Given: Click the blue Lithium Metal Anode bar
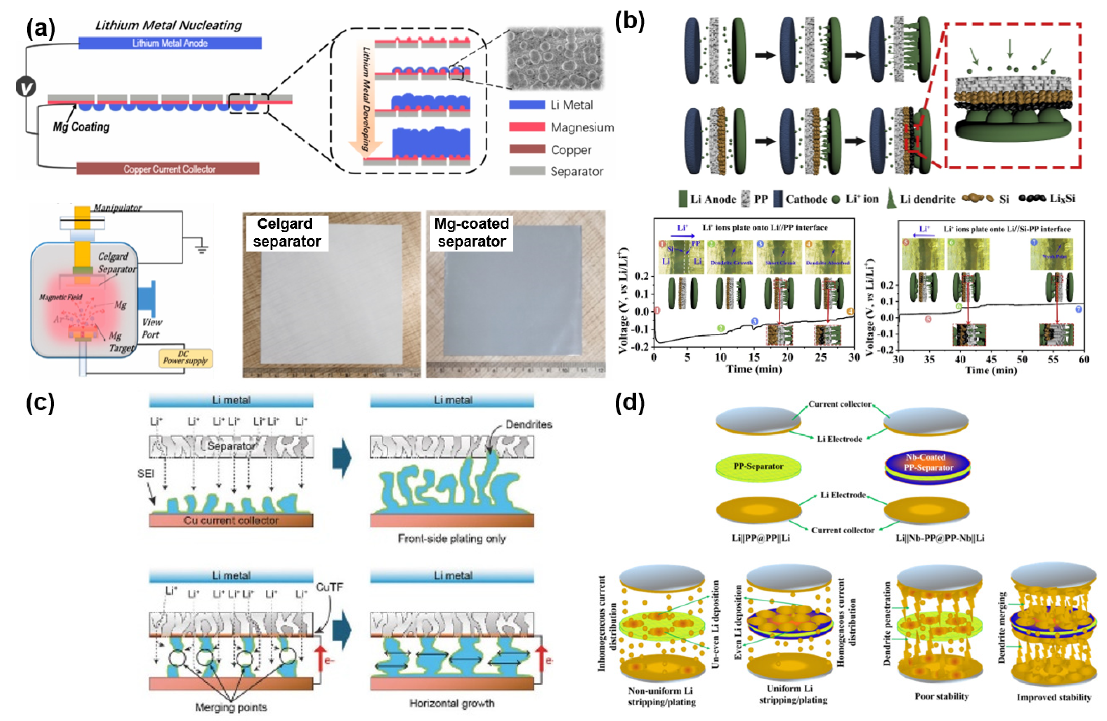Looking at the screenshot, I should (170, 43).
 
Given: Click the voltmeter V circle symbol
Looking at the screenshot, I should (26, 87).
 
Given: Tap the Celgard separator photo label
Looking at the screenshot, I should (287, 232).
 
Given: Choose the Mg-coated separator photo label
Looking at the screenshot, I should (471, 232).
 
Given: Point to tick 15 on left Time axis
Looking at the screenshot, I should (754, 357).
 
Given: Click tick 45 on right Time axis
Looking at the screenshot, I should (991, 359).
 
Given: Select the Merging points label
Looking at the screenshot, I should (231, 707).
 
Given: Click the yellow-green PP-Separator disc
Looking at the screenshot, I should (758, 467).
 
